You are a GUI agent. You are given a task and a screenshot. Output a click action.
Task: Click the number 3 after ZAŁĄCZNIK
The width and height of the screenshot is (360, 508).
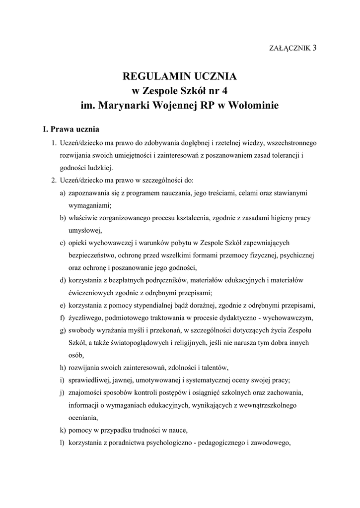point(315,48)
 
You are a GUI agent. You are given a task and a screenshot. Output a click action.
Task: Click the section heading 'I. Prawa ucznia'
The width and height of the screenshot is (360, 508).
point(71,129)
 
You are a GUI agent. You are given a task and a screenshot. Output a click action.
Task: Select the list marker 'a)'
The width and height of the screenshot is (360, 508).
point(63,192)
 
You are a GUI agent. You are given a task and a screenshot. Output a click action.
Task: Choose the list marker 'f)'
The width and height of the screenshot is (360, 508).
point(63,317)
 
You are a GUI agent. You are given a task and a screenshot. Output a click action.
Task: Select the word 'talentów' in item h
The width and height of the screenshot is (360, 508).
point(214,368)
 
